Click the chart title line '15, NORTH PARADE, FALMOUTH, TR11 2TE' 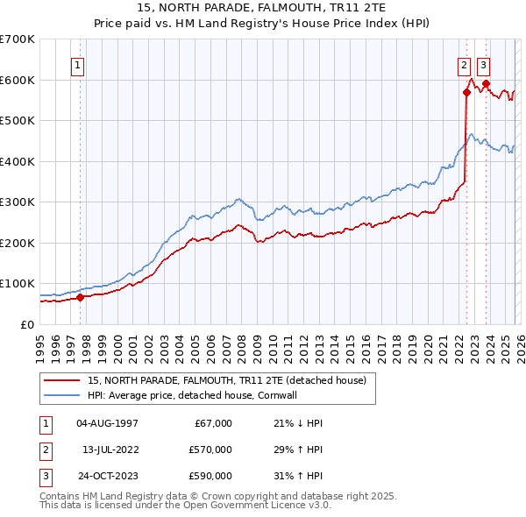tap(263, 8)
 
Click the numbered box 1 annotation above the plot tap(77, 64)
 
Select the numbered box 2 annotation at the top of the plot tap(463, 64)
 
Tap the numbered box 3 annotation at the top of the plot tap(484, 64)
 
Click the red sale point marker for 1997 tap(80, 297)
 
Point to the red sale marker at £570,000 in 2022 tap(466, 92)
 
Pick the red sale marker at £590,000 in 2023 tap(486, 84)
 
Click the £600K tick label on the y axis tap(18, 80)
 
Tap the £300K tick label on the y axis tap(18, 202)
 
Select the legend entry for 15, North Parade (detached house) tap(231, 380)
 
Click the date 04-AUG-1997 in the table tap(107, 423)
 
